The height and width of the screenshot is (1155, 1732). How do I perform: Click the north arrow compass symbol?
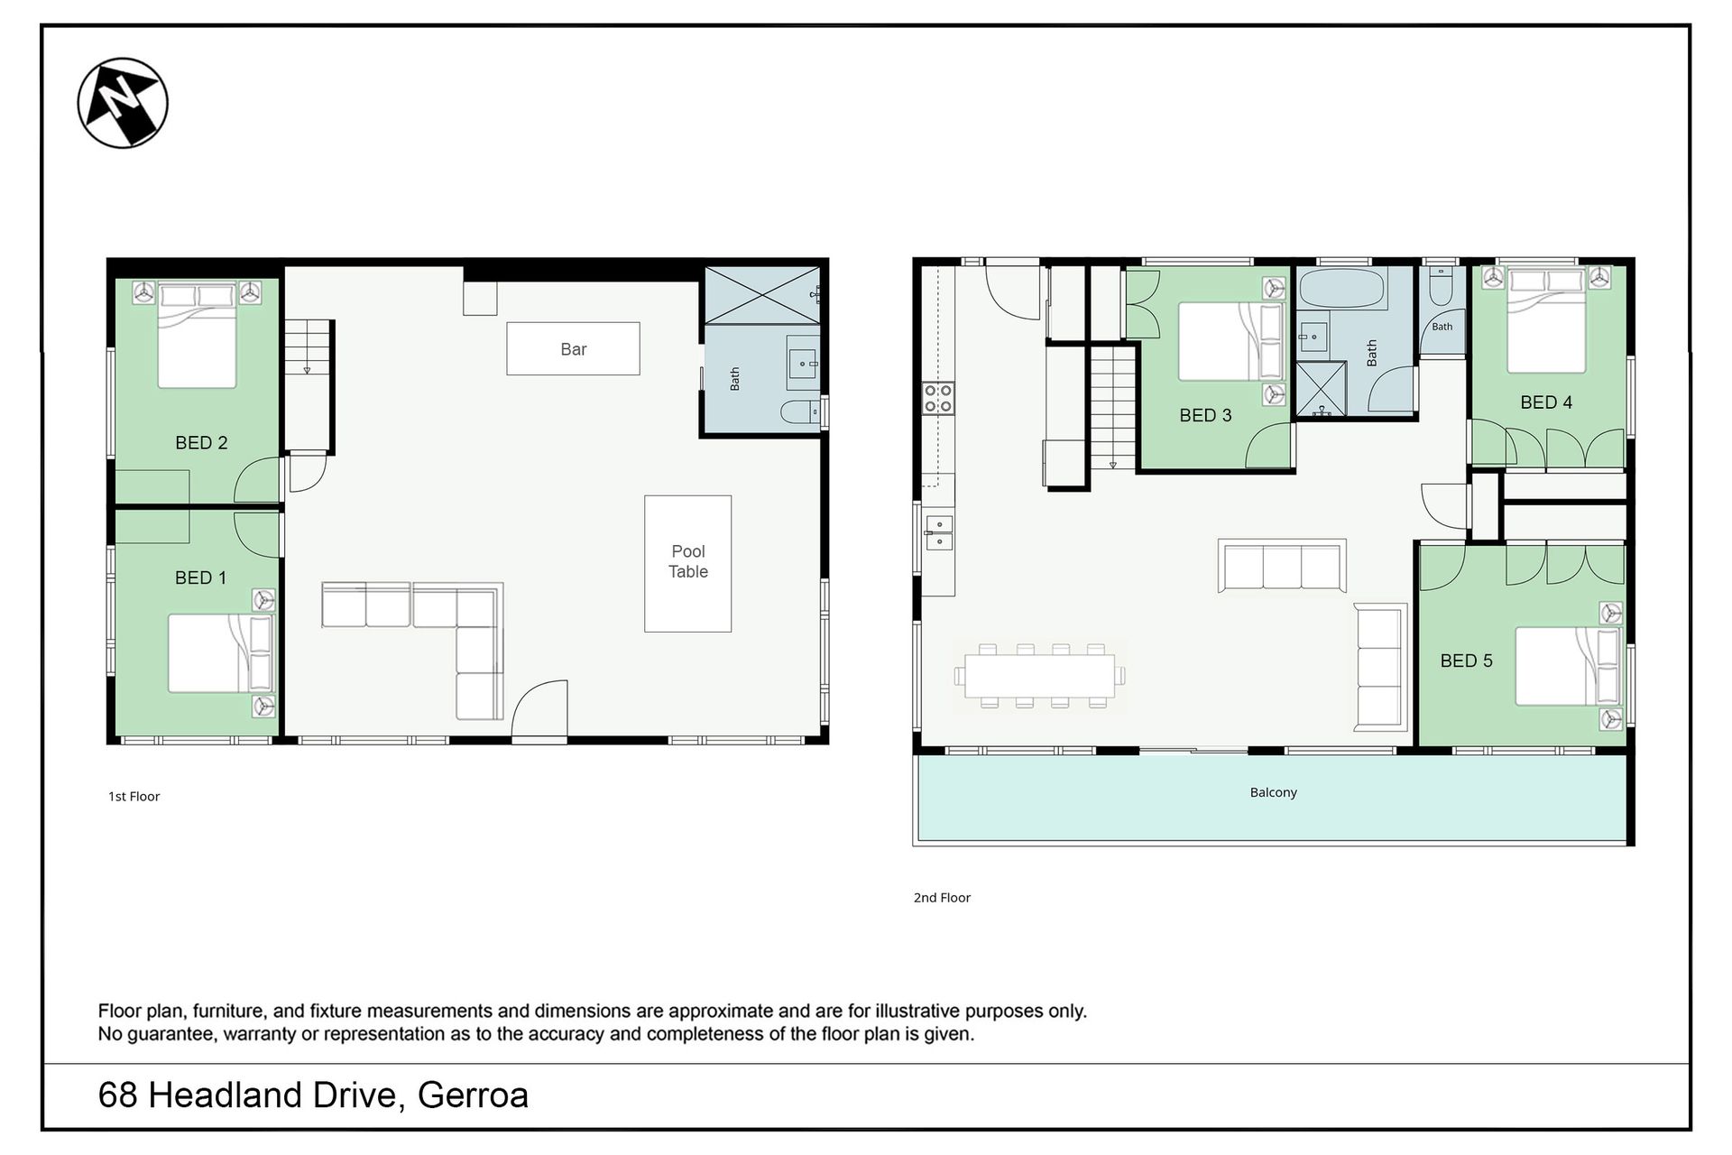[123, 103]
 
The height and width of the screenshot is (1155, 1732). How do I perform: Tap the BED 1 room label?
[200, 577]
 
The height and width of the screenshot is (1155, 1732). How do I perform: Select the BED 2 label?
[201, 442]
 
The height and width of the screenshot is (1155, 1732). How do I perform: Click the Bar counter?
[573, 348]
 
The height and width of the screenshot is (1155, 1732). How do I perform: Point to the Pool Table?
[687, 563]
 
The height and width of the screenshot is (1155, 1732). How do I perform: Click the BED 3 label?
[1205, 415]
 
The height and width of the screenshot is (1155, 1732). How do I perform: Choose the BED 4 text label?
[1546, 402]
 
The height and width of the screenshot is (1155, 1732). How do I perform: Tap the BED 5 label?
[1466, 661]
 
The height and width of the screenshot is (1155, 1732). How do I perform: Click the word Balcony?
[1273, 792]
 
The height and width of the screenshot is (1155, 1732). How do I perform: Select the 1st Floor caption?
[134, 796]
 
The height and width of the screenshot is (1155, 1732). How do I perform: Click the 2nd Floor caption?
[942, 897]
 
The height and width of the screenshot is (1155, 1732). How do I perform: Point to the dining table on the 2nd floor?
[1040, 676]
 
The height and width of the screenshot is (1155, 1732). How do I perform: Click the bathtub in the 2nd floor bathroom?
[1341, 289]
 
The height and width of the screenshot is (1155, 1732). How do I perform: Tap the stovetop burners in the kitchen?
[937, 398]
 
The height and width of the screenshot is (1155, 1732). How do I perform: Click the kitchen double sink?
[938, 532]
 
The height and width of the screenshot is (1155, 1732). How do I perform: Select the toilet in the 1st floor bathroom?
[801, 412]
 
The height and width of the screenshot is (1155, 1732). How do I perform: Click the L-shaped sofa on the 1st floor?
[412, 651]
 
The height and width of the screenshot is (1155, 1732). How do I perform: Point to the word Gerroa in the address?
[473, 1095]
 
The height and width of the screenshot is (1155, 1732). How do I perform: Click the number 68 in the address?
[117, 1095]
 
